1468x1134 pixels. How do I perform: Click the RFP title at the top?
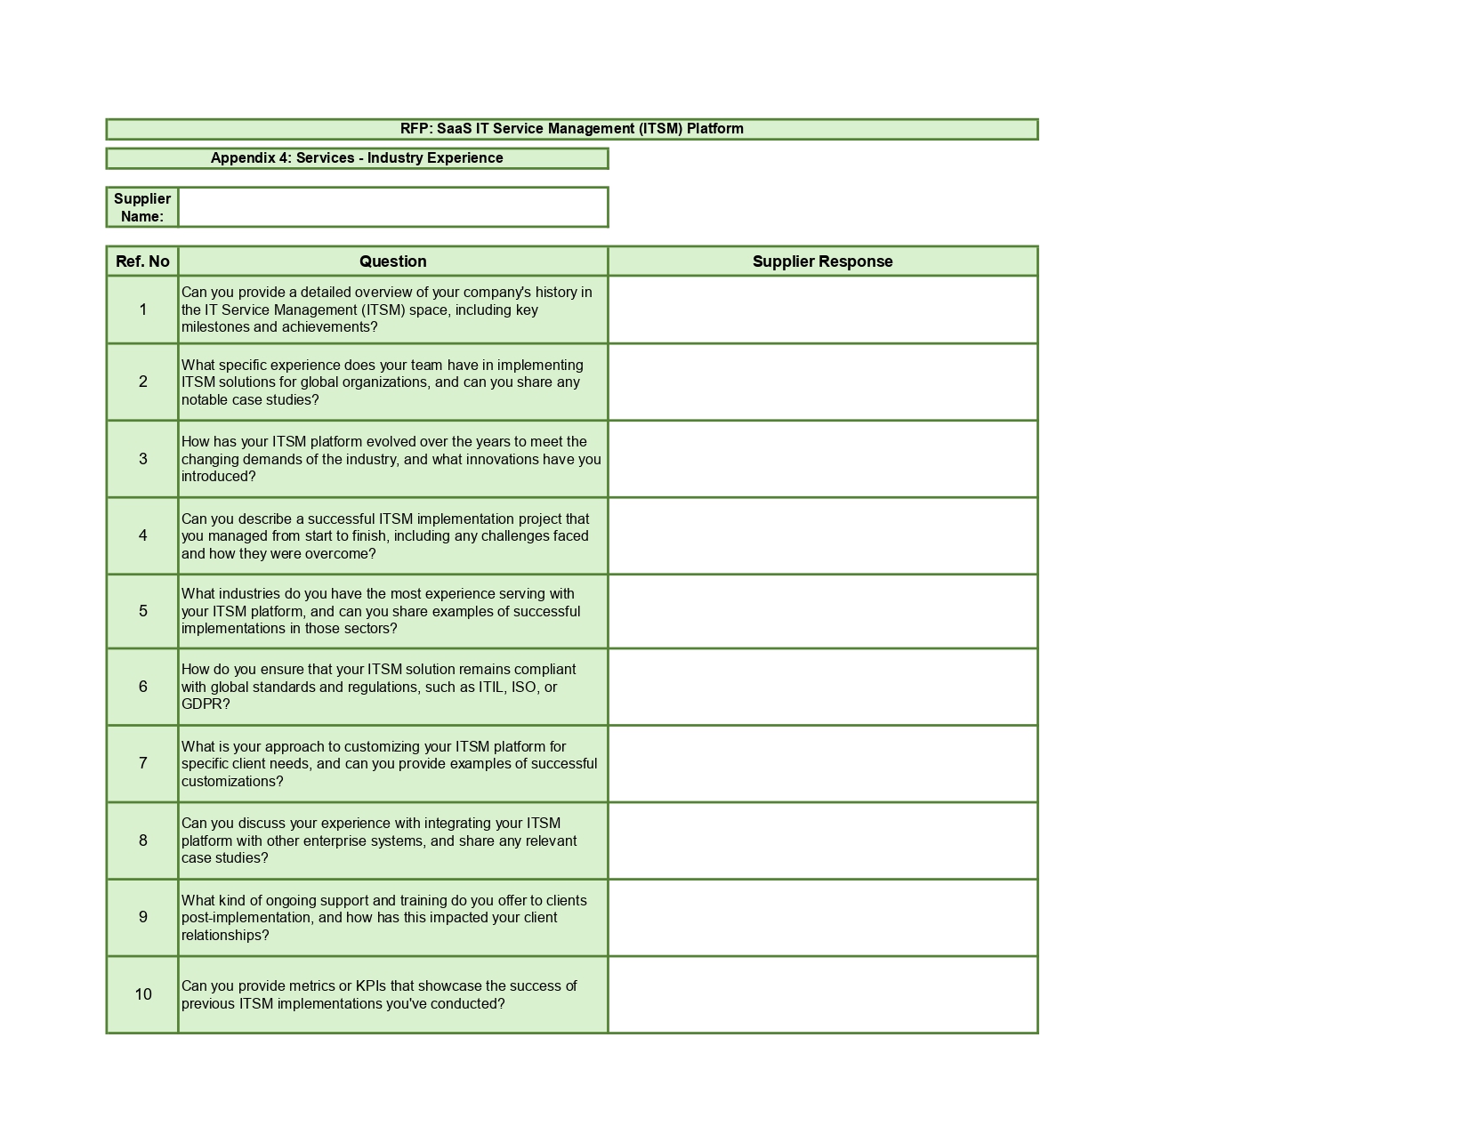571,129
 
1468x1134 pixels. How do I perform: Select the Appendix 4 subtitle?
357,158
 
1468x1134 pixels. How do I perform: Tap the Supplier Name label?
142,207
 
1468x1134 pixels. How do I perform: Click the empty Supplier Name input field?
392,207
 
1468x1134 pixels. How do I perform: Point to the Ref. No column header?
142,261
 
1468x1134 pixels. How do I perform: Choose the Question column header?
392,261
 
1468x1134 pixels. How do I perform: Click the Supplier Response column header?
822,261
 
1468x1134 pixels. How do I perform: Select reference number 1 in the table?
142,310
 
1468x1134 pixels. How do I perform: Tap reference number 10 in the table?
143,994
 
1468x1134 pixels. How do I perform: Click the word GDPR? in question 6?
206,704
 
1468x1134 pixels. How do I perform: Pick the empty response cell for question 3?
822,459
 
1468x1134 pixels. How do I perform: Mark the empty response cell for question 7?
822,764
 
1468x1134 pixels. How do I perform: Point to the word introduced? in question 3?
218,477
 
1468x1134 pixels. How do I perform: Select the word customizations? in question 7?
232,782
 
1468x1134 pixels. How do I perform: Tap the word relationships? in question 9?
225,936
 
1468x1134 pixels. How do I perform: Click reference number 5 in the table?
142,612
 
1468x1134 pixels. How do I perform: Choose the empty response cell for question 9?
822,918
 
